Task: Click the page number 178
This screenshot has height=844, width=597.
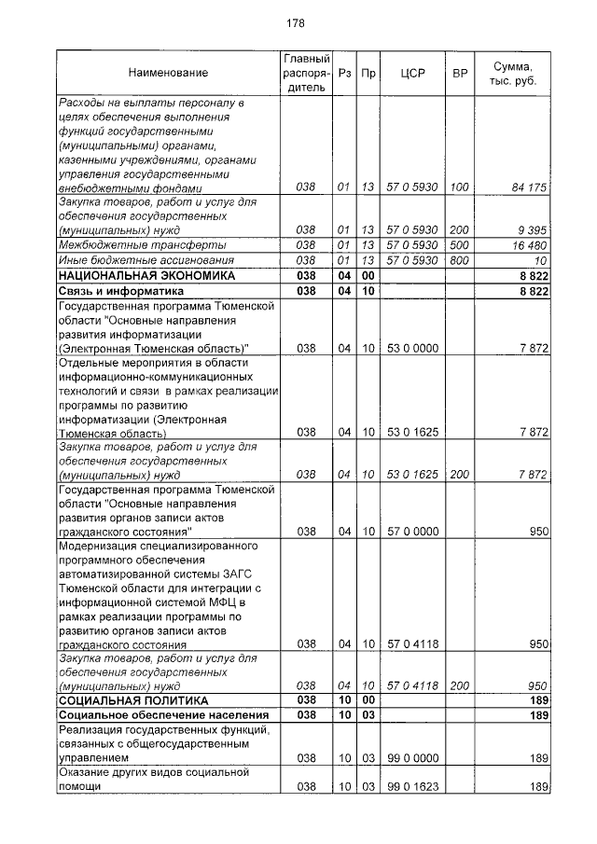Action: (298, 23)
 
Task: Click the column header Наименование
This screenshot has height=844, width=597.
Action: (169, 73)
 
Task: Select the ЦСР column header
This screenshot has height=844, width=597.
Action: (412, 73)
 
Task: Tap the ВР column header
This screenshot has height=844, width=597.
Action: (459, 73)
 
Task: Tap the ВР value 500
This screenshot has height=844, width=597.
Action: (459, 244)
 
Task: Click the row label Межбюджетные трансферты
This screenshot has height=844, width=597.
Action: (118, 244)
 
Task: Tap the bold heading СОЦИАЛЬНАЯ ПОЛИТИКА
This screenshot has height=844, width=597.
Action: (133, 699)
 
